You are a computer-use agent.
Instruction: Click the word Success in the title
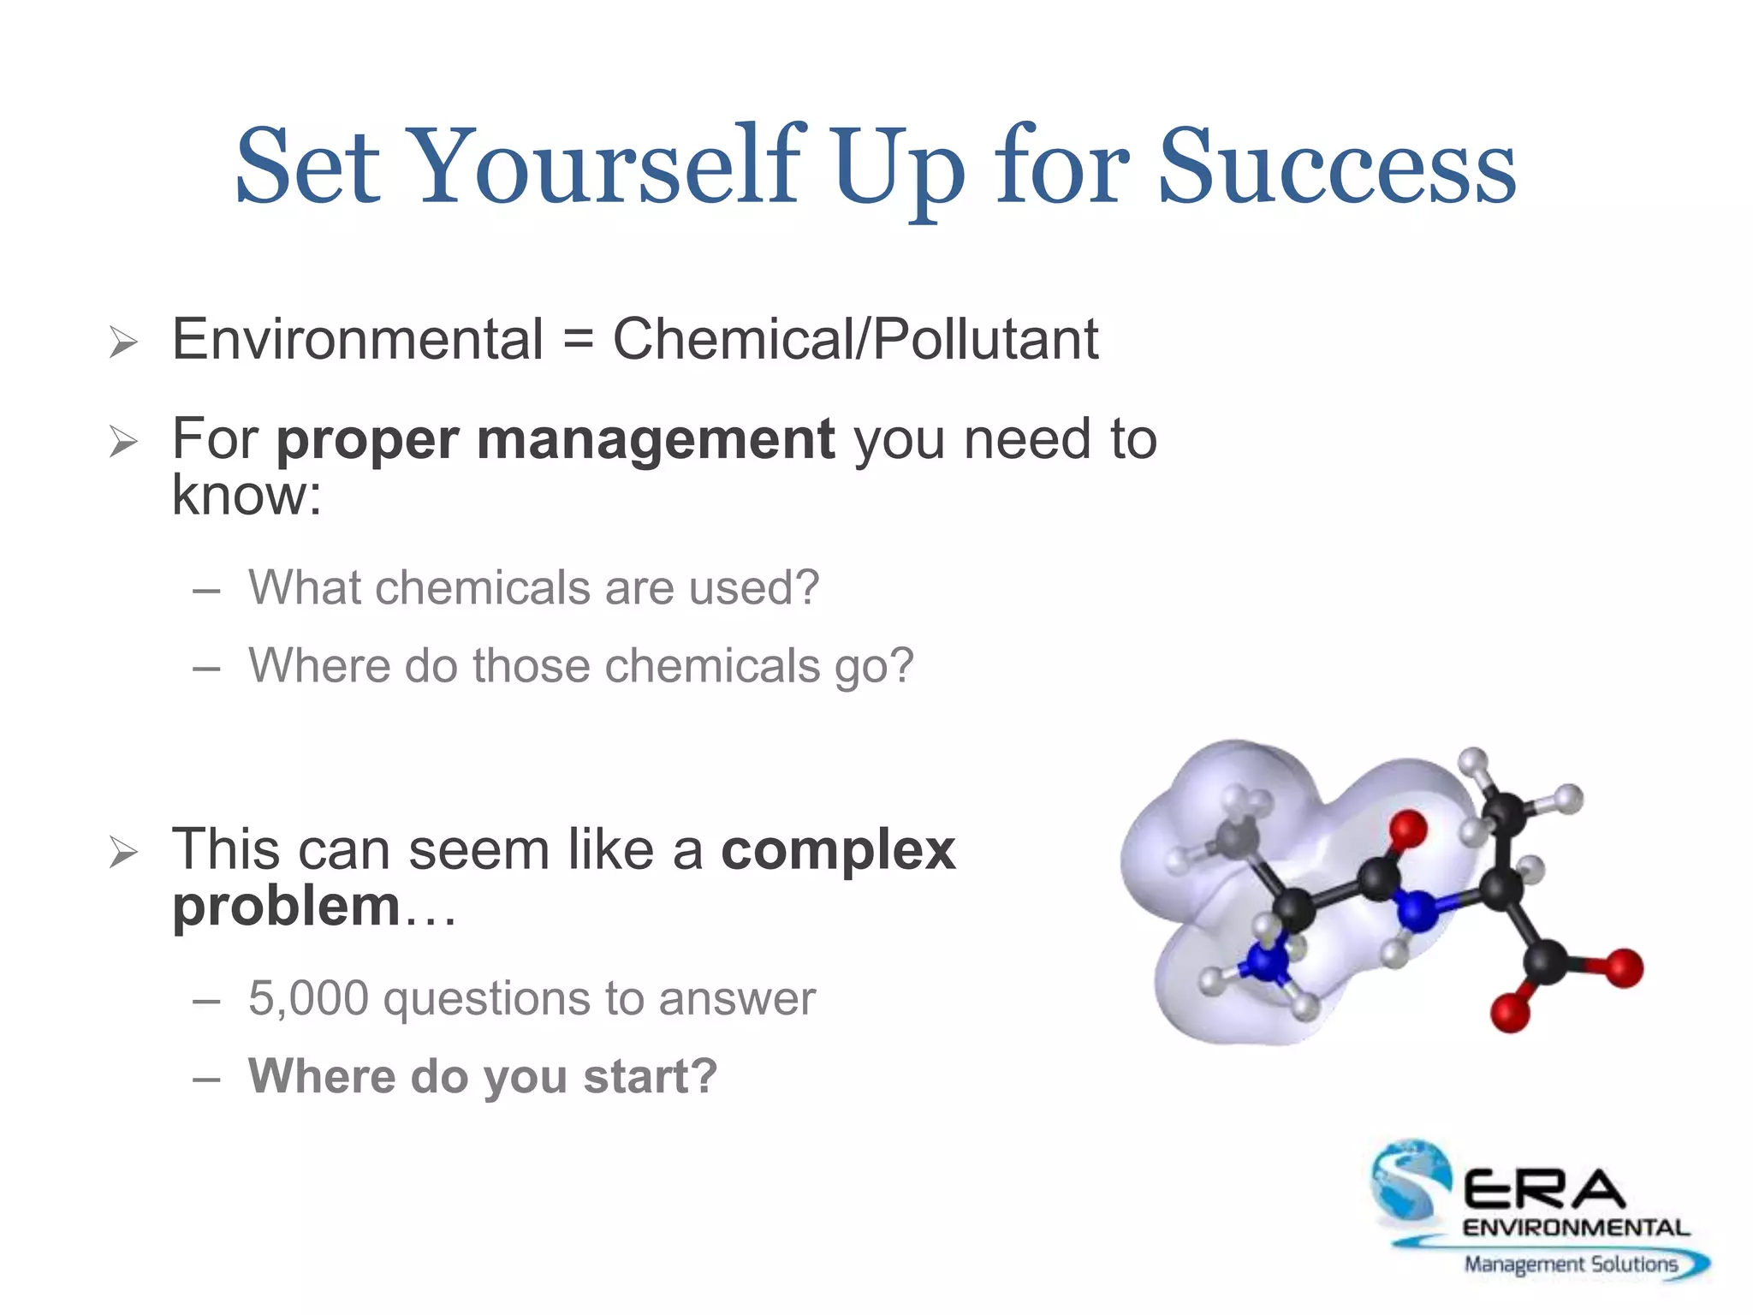(x=1336, y=167)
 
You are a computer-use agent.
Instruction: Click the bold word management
(x=656, y=440)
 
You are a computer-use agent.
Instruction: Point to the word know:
(x=247, y=496)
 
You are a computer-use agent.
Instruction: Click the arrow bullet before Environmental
(x=124, y=343)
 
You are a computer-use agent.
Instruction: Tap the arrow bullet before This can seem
(x=124, y=853)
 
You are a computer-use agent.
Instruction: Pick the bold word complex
(x=838, y=851)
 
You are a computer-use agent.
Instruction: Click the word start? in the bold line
(x=650, y=1077)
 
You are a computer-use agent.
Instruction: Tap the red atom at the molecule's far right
(x=1623, y=968)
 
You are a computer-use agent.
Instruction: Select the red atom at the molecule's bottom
(x=1510, y=1013)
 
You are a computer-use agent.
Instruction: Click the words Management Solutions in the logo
(x=1570, y=1264)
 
